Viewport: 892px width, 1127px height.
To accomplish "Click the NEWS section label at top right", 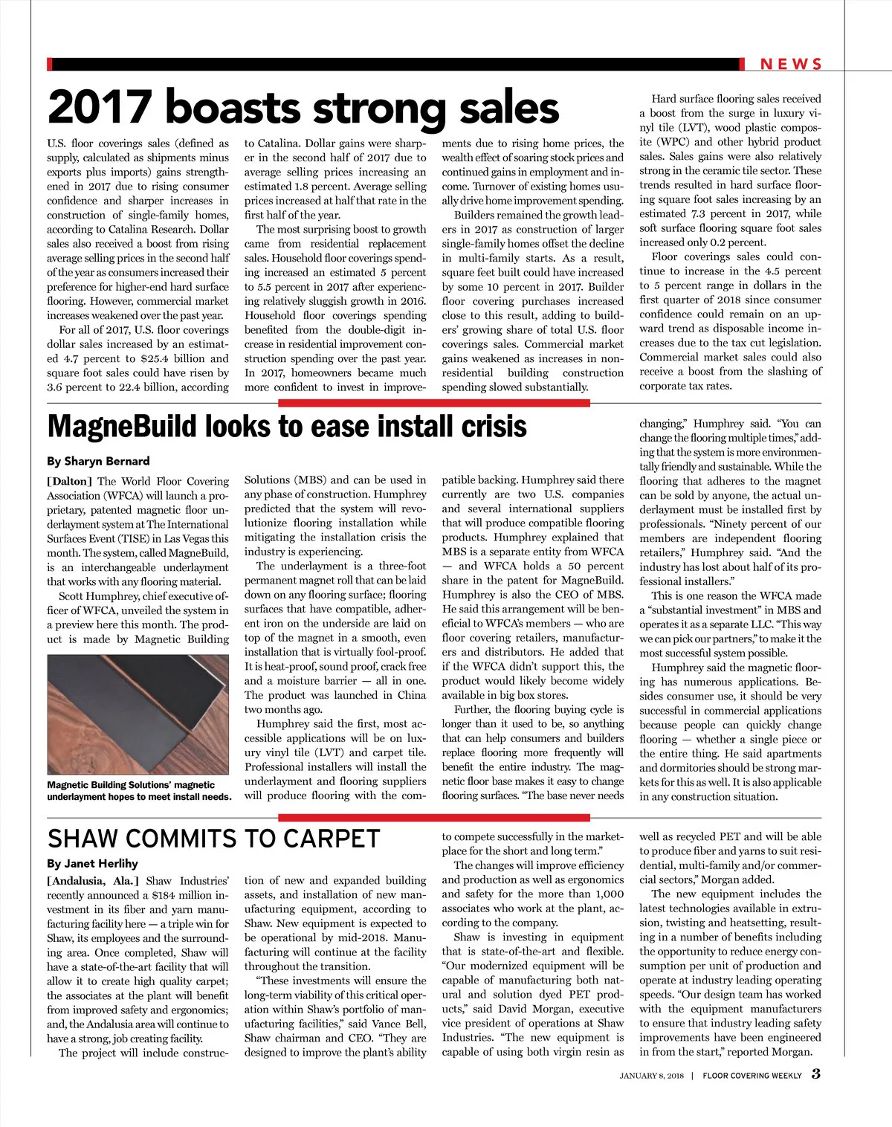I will (791, 65).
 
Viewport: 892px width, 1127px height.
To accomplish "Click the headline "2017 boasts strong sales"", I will (303, 108).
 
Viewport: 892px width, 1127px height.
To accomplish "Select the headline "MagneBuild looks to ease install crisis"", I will (287, 427).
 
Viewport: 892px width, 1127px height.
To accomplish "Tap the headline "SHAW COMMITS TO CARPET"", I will (213, 839).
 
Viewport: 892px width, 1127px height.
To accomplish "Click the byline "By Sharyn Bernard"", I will (98, 461).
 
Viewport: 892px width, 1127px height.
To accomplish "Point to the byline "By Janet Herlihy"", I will (92, 863).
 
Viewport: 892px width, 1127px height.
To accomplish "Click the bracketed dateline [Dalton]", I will (70, 481).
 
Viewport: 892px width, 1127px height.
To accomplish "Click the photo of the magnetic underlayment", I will (138, 714).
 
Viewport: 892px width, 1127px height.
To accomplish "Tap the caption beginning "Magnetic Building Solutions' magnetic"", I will (139, 790).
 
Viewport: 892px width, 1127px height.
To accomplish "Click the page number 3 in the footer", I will (815, 1073).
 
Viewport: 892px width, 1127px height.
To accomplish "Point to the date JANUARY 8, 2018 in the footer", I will (652, 1076).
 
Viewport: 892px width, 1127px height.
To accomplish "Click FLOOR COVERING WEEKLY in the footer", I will (752, 1076).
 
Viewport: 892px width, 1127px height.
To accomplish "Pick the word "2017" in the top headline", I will (99, 108).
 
